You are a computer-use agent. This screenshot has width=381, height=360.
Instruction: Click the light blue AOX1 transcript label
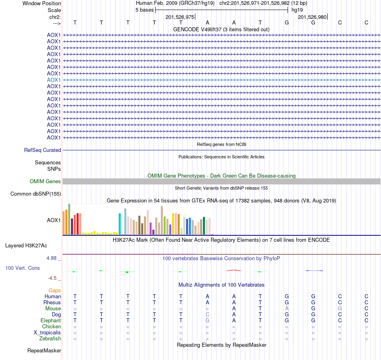[x=54, y=80]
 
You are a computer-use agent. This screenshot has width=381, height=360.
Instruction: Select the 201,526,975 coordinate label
[x=180, y=17]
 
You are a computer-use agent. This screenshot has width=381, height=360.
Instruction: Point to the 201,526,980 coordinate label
[x=312, y=17]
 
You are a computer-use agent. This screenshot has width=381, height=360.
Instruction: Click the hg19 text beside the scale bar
[x=297, y=10]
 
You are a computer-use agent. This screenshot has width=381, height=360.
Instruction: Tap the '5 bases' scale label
[x=144, y=10]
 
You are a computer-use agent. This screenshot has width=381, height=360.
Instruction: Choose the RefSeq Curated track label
[x=43, y=150]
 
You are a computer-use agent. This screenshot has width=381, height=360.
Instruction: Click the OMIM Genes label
[x=45, y=182]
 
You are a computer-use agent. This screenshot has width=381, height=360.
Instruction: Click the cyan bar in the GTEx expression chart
[x=120, y=224]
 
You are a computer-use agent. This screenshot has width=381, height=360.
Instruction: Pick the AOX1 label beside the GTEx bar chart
[x=54, y=220]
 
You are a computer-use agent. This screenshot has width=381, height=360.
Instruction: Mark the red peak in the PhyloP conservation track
[x=234, y=270]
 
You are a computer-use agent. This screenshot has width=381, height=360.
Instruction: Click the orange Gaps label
[x=55, y=290]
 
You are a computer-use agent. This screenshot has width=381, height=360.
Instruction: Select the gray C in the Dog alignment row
[x=207, y=315]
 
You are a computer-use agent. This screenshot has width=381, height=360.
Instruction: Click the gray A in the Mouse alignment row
[x=287, y=308]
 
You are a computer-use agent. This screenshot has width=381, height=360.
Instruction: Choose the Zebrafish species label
[x=50, y=339]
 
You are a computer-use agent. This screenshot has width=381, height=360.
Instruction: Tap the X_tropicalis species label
[x=47, y=333]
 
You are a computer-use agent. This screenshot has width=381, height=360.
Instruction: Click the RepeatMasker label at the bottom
[x=44, y=351]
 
